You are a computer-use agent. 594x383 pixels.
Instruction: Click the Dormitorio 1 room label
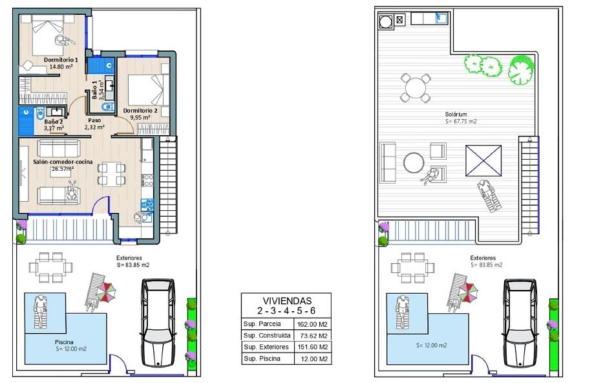[61, 60]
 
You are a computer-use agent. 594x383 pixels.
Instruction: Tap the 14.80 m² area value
[61, 67]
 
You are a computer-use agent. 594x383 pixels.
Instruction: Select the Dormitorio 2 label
[140, 111]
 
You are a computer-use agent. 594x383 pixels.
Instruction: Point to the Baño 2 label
[54, 122]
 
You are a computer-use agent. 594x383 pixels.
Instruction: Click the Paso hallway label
[94, 120]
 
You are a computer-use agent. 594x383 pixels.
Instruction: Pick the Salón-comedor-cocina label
[63, 162]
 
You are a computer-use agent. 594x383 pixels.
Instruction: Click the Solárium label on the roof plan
[456, 114]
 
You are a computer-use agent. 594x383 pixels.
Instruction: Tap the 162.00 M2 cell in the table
[313, 324]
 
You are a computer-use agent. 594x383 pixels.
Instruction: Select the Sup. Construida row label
[267, 336]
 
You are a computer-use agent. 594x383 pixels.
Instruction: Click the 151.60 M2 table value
[313, 347]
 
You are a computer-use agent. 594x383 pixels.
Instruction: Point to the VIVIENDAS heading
[287, 301]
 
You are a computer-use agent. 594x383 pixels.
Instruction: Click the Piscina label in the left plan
[64, 342]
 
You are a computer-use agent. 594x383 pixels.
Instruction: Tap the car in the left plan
[158, 323]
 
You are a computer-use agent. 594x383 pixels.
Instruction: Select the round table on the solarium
[416, 88]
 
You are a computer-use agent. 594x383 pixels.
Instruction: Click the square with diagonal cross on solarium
[483, 160]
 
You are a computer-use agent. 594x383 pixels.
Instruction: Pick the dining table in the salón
[111, 173]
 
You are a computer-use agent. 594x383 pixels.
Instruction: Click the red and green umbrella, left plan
[106, 292]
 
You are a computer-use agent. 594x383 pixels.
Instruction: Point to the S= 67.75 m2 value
[461, 122]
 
